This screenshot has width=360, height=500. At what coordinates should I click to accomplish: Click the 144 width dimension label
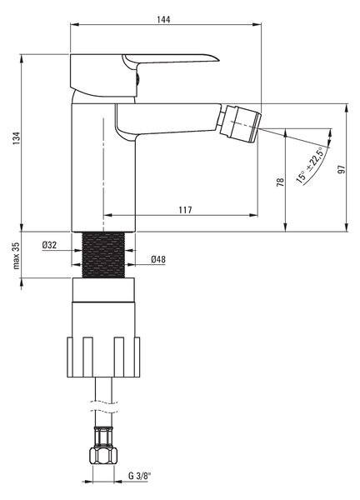(163, 19)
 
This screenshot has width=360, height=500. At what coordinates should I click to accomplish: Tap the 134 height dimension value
(17, 138)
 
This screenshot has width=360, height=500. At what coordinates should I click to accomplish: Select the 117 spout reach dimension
(185, 210)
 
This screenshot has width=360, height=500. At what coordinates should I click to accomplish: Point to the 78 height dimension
(280, 182)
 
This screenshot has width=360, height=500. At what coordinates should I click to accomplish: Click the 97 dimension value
(342, 169)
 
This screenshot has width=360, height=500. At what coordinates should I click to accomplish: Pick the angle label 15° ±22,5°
(310, 165)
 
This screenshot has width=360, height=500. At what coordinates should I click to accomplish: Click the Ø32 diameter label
(49, 245)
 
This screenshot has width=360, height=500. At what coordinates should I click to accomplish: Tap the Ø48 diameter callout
(158, 259)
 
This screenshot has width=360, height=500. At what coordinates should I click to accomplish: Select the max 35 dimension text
(17, 255)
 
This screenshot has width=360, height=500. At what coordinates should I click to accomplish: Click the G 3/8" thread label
(139, 476)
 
